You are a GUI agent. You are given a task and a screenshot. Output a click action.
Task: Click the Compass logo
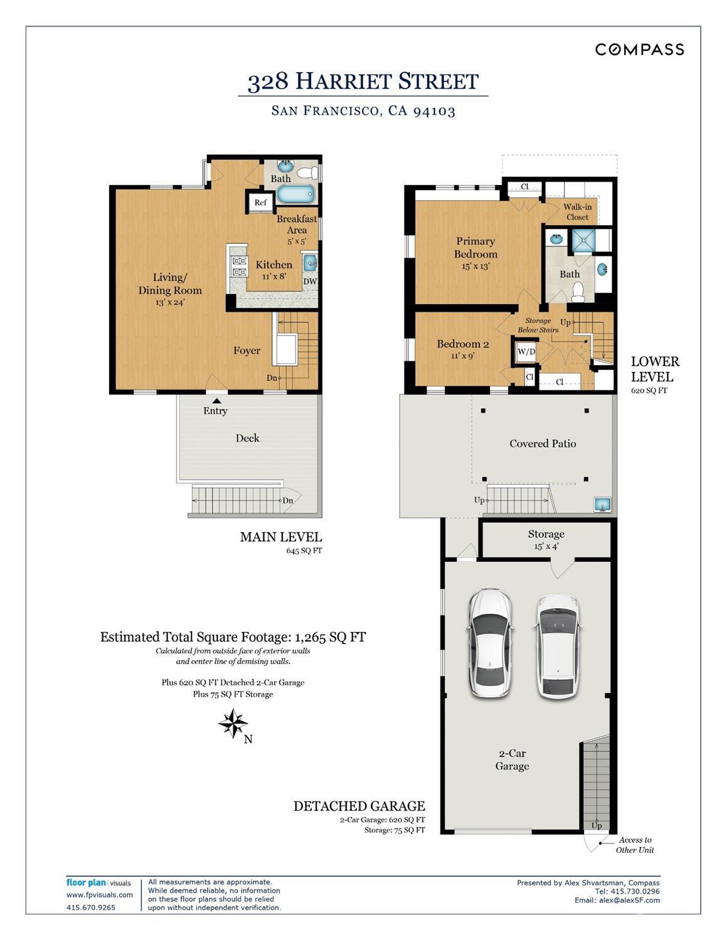click(639, 50)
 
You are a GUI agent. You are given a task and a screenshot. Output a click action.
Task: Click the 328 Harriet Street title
click(363, 82)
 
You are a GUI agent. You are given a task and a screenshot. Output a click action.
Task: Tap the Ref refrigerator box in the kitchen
click(260, 202)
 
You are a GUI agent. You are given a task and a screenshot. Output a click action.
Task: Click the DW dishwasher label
click(310, 282)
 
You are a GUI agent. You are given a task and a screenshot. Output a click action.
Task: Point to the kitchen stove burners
click(239, 267)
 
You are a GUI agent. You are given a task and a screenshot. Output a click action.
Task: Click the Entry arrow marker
click(216, 400)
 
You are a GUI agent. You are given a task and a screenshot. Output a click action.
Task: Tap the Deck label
click(247, 438)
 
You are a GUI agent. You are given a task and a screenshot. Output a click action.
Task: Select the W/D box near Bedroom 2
click(526, 352)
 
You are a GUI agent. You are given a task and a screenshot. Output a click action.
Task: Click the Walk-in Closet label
click(577, 212)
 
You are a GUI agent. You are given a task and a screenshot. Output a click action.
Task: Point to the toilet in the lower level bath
click(578, 292)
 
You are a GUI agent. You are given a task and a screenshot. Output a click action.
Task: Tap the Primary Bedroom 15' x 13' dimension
click(475, 266)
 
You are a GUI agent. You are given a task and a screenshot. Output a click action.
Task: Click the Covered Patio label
click(543, 443)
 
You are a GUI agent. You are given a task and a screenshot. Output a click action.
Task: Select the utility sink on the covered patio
click(602, 504)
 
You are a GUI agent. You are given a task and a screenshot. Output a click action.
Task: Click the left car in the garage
click(491, 643)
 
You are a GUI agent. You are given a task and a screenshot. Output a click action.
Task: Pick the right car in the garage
click(557, 646)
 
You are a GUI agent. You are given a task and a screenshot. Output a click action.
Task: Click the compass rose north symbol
click(233, 724)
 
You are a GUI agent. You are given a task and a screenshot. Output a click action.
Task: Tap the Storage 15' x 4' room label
click(546, 539)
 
